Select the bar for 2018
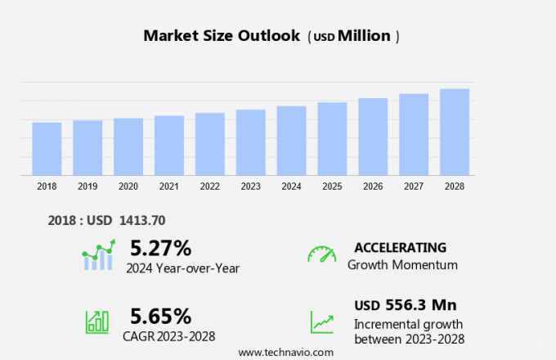(47, 148)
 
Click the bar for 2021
(169, 145)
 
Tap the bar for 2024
(291, 140)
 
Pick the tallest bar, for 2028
(455, 132)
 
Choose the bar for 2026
(373, 137)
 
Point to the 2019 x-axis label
(87, 187)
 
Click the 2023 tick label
(250, 187)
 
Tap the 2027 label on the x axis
(414, 187)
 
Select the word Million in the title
(364, 36)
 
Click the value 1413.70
(142, 220)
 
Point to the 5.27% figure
(160, 247)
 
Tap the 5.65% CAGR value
(160, 315)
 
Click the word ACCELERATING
(401, 247)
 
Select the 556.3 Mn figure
(421, 305)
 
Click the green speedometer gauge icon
(321, 254)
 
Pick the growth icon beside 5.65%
(97, 322)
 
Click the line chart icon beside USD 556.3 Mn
(321, 322)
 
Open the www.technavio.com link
(285, 352)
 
